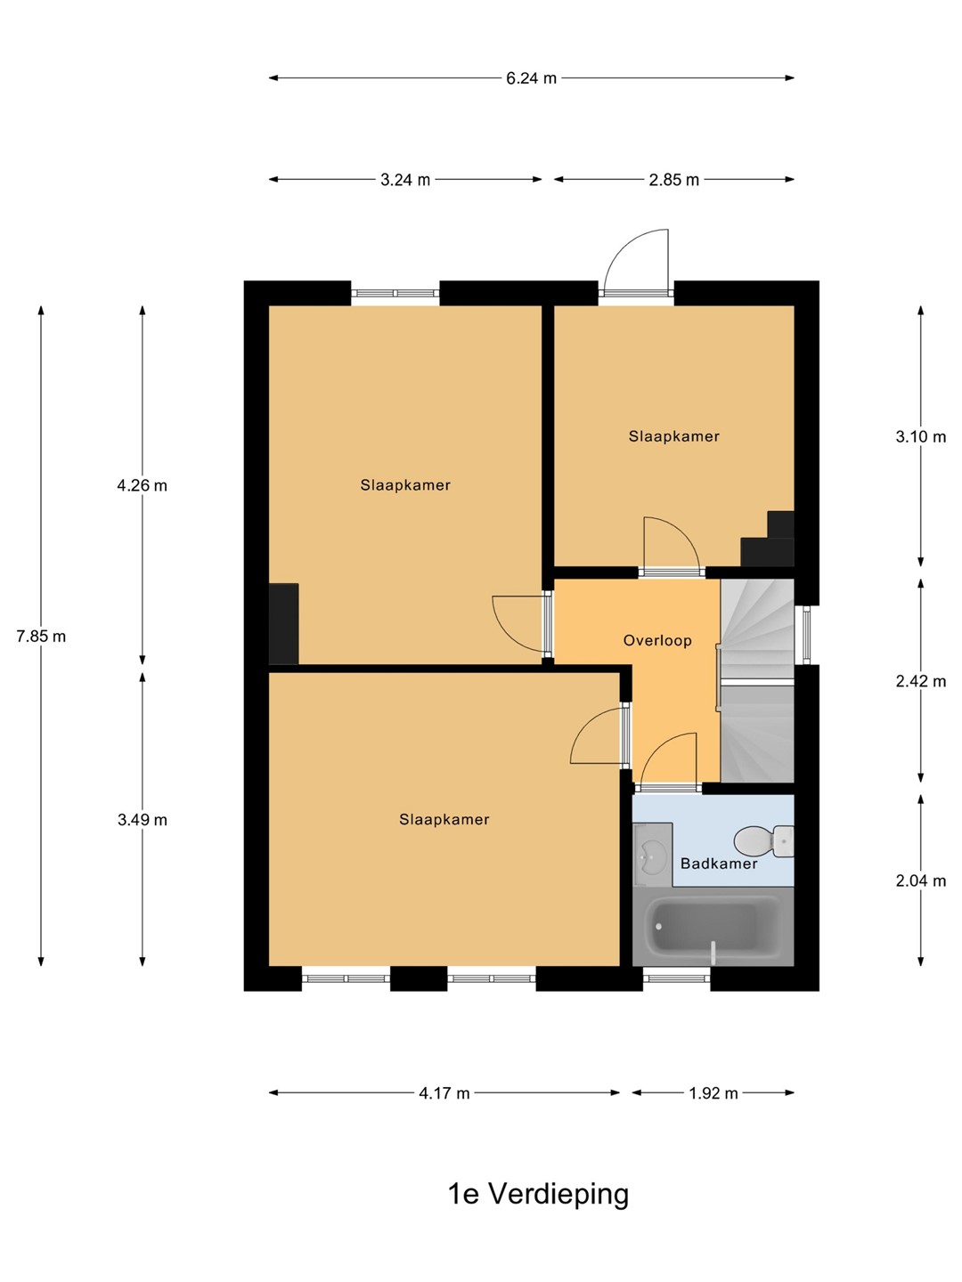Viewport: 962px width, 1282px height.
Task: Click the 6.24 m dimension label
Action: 531,78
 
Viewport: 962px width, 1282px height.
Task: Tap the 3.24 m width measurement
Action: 404,180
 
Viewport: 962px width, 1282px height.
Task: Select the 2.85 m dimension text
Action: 673,180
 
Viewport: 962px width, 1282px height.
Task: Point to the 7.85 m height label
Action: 41,636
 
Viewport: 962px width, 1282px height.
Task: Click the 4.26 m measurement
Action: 142,485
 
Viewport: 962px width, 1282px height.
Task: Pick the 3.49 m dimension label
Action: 142,820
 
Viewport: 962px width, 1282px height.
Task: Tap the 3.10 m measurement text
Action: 920,437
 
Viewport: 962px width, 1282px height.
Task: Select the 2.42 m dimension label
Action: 920,681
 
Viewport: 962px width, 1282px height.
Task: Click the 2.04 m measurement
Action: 920,880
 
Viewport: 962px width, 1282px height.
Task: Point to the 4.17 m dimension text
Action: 444,1093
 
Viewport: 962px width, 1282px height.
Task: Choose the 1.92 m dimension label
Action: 713,1093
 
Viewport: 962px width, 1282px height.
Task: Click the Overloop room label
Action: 657,641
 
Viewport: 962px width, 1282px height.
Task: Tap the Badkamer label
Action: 719,864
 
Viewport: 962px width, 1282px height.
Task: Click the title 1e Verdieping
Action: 538,1194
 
